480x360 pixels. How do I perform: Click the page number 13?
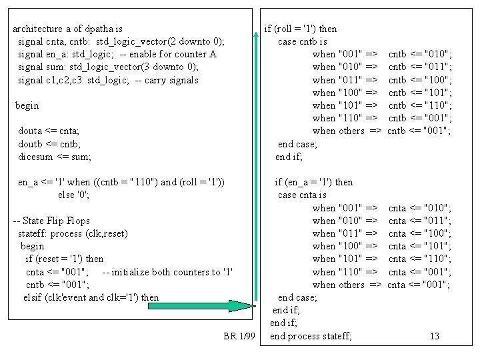click(435, 336)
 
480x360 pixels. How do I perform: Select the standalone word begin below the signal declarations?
click(27, 105)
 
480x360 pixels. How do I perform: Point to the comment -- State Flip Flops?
click(51, 221)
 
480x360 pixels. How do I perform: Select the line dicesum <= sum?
click(55, 157)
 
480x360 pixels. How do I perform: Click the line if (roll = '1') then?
click(301, 29)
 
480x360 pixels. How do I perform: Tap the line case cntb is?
click(303, 41)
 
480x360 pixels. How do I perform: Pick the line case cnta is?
click(302, 195)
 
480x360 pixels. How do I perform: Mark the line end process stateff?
click(311, 336)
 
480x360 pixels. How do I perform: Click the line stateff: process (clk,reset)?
click(73, 233)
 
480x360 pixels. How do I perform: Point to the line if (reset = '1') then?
click(65, 259)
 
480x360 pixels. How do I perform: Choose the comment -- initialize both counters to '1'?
click(167, 272)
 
